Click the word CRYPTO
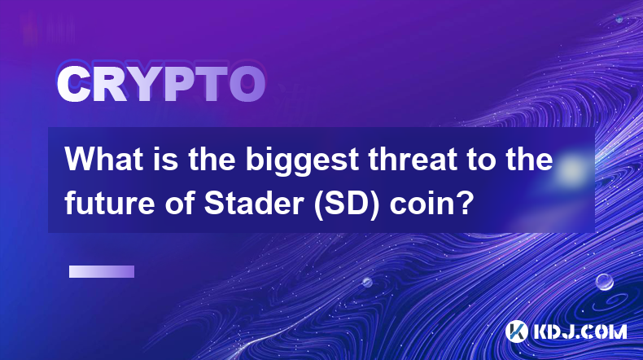point(161,84)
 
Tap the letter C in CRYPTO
point(73,84)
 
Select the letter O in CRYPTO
point(247,84)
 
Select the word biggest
point(303,162)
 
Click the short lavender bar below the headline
point(102,271)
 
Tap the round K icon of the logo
point(516,331)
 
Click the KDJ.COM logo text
point(580,331)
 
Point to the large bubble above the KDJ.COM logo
point(605,282)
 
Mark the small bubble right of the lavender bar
point(367,282)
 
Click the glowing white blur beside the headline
point(571,169)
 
